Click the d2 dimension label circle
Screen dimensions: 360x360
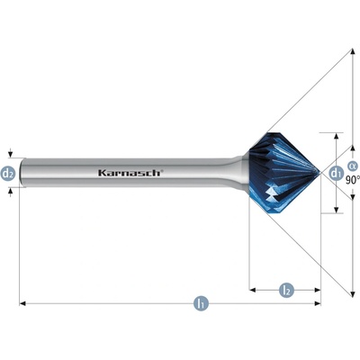click(x=8, y=173)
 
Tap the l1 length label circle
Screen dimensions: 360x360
click(x=202, y=303)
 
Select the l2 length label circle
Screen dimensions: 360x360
click(x=286, y=290)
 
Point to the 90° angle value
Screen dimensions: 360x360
click(x=352, y=180)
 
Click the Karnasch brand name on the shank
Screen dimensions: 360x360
click(x=130, y=173)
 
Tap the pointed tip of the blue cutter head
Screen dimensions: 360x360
click(x=320, y=173)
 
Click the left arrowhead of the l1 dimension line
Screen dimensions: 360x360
click(x=22, y=303)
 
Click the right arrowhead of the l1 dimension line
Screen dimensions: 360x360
click(x=318, y=303)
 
